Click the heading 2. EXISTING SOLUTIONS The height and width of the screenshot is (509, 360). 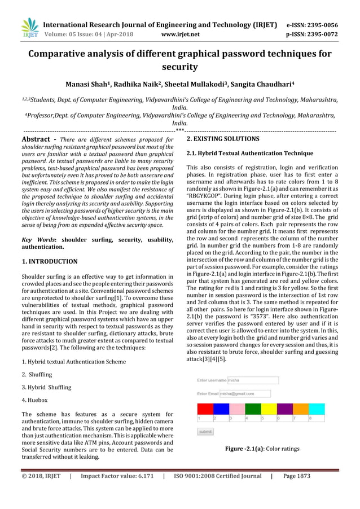tap(223, 139)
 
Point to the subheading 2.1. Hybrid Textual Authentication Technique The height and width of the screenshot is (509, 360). tap(249, 153)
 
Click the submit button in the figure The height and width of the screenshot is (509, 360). tap(205, 431)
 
